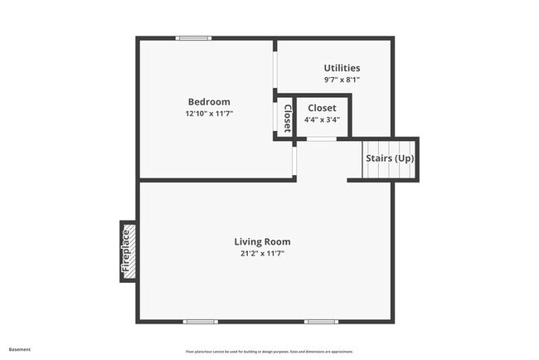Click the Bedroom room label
tap(209, 102)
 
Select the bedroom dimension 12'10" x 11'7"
tap(209, 114)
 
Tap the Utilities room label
tap(342, 68)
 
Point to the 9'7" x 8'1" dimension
tap(342, 80)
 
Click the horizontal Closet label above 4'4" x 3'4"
tap(322, 108)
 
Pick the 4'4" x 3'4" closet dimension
tap(322, 119)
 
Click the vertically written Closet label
tap(287, 119)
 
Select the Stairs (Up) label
tap(390, 158)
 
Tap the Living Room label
tap(262, 242)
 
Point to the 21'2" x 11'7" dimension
tap(262, 254)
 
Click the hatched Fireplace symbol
tap(128, 251)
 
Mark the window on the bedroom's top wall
tap(193, 38)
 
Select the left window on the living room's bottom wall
tap(201, 322)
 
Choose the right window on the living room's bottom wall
tap(321, 322)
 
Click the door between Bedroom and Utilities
tap(274, 71)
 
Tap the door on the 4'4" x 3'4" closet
tap(321, 139)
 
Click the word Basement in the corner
tap(21, 349)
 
